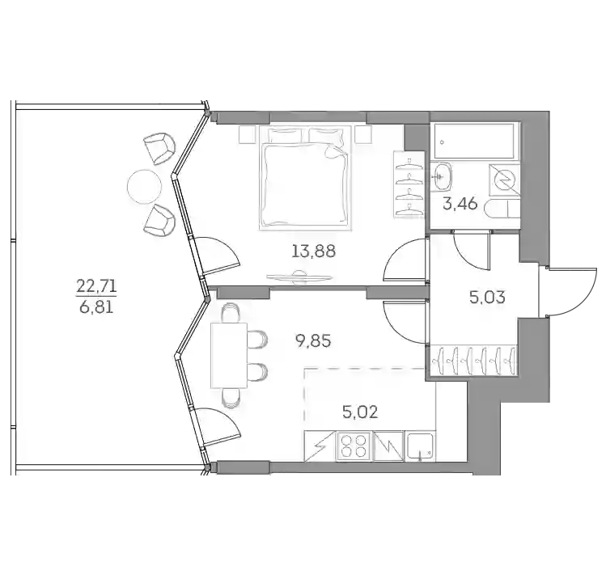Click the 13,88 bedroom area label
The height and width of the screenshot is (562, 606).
point(313,251)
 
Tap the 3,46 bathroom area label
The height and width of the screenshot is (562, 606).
point(460,203)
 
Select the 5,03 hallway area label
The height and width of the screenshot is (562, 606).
point(487,298)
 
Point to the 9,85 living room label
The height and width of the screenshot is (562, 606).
point(313,341)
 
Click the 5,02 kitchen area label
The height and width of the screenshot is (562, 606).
point(360,412)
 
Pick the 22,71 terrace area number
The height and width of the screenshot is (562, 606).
point(96,287)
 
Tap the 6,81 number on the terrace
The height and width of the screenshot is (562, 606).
point(96,307)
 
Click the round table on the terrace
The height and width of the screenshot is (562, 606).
point(144,187)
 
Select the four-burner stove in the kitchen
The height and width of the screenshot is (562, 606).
point(354,446)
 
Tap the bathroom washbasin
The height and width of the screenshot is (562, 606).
point(441,176)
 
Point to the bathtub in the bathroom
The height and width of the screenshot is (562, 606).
point(474,141)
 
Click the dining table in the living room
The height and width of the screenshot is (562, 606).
point(229,355)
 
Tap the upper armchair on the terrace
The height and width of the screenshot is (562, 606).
point(159,148)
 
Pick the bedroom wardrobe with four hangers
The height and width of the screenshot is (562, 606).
point(409,184)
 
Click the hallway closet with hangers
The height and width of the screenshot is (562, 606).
point(474,361)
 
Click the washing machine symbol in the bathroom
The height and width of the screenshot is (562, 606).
point(504,180)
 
